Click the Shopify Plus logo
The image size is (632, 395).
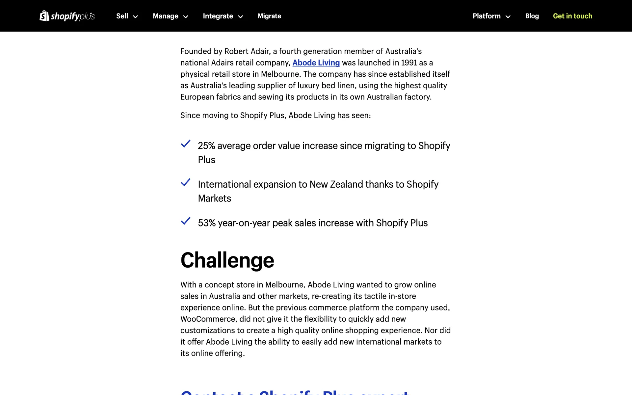pos(67,16)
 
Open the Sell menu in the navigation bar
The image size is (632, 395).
pos(127,16)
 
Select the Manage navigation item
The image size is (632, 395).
pos(170,16)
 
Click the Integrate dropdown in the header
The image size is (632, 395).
pos(223,16)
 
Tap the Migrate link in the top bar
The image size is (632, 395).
pos(269,16)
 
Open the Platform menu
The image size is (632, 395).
pos(491,16)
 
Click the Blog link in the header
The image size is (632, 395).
pos(532,16)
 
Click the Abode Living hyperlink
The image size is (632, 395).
pos(316,63)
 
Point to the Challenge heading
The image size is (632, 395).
pos(227,260)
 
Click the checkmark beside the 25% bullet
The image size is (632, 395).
pos(186,144)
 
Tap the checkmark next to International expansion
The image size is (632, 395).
pos(186,182)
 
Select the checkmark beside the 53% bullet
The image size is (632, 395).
pos(186,221)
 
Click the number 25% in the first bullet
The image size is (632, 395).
pos(206,146)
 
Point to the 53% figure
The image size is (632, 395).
pos(207,223)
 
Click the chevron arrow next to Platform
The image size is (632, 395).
pos(508,17)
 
